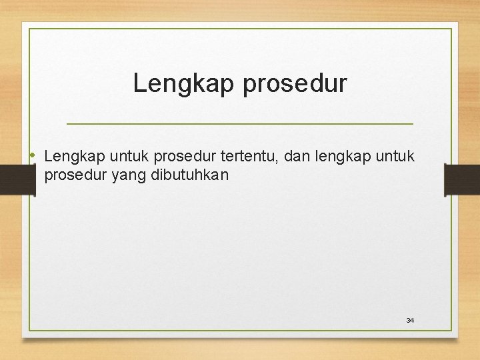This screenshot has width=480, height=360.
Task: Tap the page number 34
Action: [x=410, y=321]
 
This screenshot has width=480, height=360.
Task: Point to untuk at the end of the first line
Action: [x=395, y=157]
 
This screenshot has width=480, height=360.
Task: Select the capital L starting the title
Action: [x=139, y=83]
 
